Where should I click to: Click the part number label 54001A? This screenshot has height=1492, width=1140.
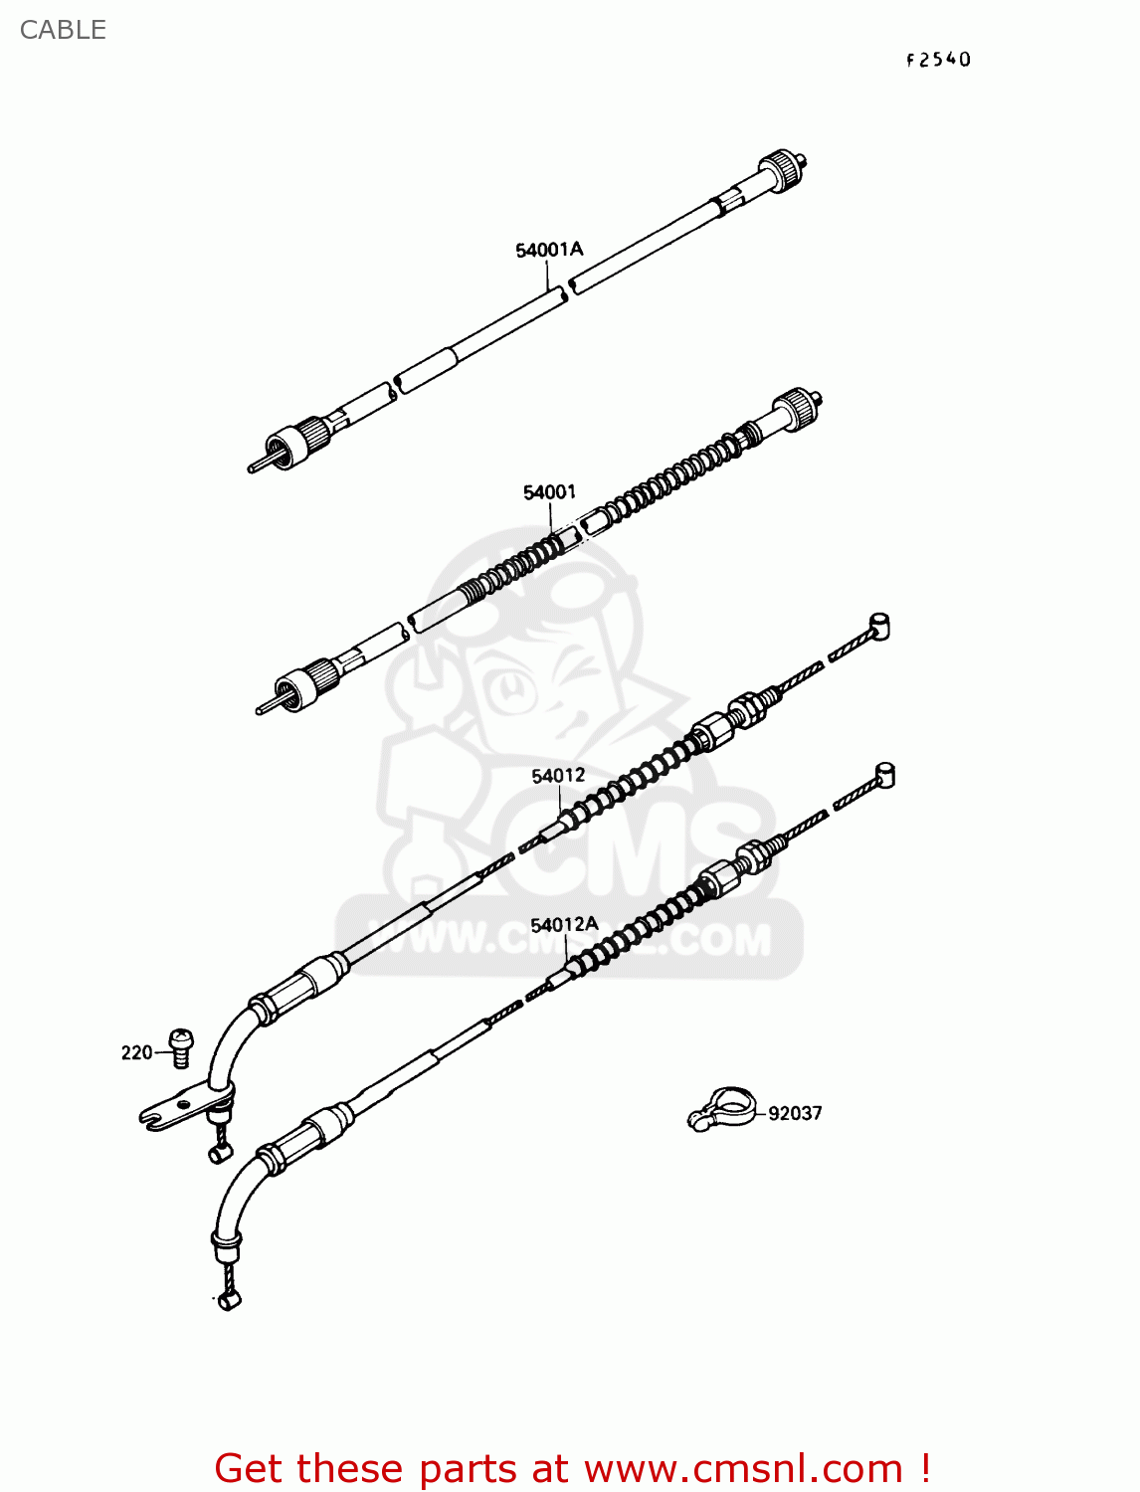[x=549, y=250]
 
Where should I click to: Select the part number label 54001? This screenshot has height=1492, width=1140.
[x=549, y=492]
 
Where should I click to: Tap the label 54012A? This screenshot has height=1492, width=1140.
[x=564, y=925]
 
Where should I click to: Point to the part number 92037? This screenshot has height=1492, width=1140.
[x=795, y=1114]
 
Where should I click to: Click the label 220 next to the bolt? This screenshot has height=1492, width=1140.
[x=136, y=1052]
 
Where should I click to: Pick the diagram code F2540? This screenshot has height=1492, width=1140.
[x=938, y=60]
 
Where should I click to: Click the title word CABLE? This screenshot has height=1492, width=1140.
[x=63, y=30]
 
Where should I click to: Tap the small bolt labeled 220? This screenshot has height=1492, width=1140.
[x=181, y=1046]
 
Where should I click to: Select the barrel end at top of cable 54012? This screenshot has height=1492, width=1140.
[x=878, y=627]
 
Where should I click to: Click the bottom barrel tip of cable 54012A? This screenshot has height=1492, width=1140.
[x=230, y=1299]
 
